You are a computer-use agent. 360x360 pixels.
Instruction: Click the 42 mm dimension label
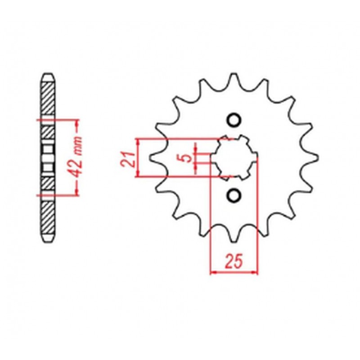pyautogui.click(x=77, y=157)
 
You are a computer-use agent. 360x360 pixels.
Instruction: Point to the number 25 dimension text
pyautogui.click(x=234, y=261)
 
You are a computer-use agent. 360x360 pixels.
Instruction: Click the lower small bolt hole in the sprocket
pyautogui.click(x=234, y=194)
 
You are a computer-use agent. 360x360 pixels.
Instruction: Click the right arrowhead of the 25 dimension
pyautogui.click(x=254, y=272)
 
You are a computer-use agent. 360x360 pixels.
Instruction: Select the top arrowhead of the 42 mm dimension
pyautogui.click(x=77, y=123)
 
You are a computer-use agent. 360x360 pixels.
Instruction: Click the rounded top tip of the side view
pyautogui.click(x=48, y=75)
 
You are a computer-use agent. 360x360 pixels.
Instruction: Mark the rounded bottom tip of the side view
pyautogui.click(x=48, y=240)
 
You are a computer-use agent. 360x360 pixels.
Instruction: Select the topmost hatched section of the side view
pyautogui.click(x=48, y=99)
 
